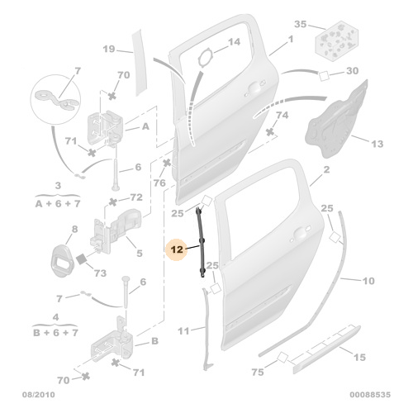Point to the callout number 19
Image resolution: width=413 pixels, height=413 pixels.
coord(110,50)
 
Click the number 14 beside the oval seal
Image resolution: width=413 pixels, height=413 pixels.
coord(234,41)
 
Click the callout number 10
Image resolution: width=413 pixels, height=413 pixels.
coord(368,281)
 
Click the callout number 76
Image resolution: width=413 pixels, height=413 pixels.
coord(159,182)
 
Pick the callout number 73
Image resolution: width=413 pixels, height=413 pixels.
coord(99,273)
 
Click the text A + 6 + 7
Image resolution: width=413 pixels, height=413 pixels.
coord(57,202)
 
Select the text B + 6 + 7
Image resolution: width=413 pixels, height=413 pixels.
coord(57,333)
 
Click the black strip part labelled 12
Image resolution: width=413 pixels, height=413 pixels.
coord(200,245)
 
